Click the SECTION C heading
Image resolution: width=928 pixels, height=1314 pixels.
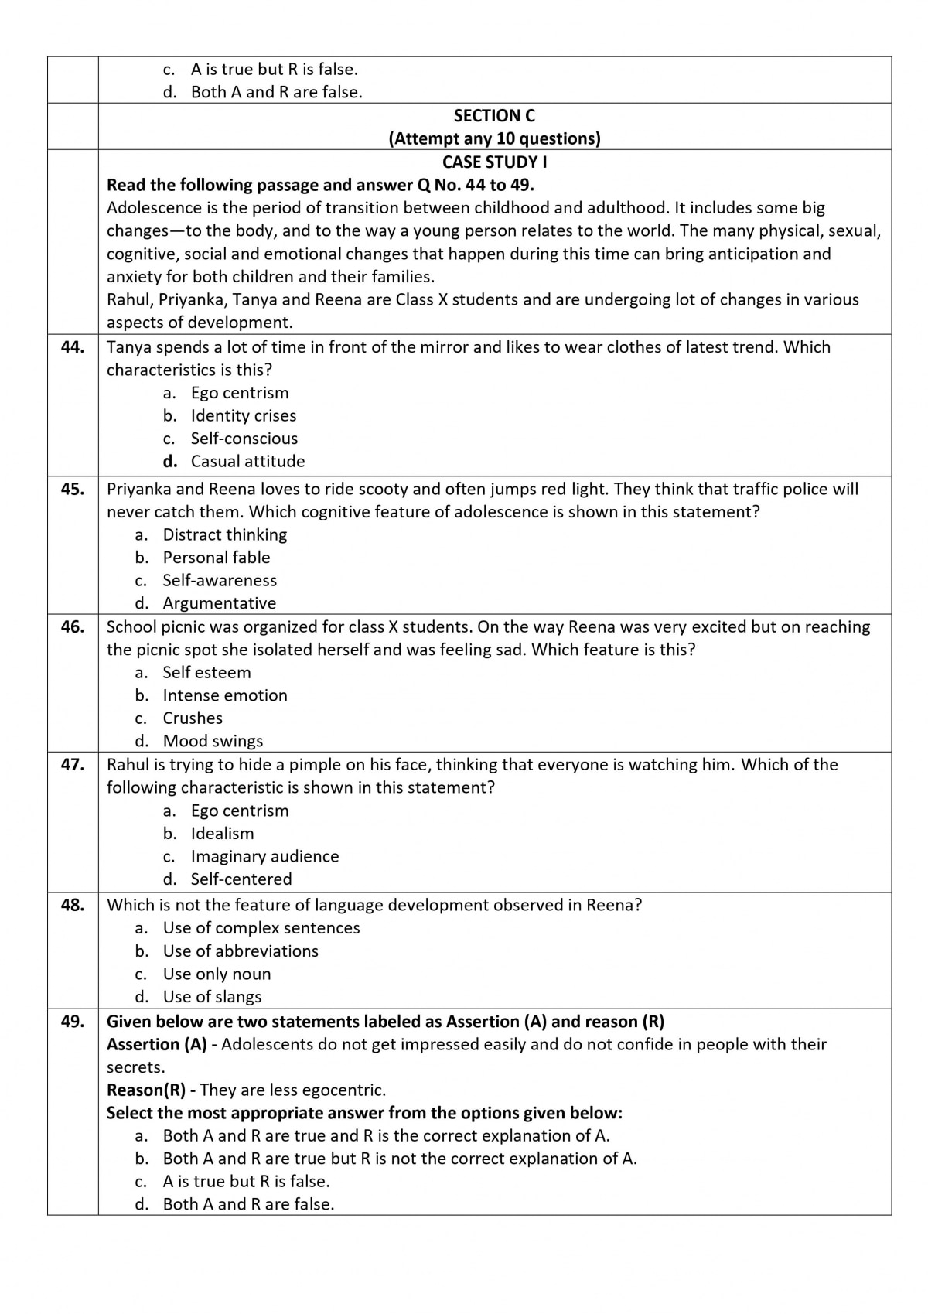494,116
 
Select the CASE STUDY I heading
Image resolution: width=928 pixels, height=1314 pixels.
494,162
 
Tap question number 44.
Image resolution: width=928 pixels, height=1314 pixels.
73,347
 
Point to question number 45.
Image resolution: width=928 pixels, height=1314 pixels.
73,489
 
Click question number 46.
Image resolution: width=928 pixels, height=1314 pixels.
73,627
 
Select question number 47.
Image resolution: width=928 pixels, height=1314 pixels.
73,765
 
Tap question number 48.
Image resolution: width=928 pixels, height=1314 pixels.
73,905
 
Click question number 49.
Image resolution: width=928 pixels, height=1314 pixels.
73,1022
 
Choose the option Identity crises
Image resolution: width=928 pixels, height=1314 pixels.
243,416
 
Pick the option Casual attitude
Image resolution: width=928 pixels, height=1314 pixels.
247,462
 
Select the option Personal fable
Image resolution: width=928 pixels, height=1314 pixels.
216,558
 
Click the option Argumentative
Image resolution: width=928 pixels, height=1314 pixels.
219,603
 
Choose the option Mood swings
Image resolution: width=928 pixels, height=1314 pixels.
213,741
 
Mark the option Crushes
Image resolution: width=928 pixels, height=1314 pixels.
193,718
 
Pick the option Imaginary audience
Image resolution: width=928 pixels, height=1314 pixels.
264,856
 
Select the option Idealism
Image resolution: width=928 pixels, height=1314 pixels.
222,834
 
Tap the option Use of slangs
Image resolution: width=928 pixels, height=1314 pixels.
212,997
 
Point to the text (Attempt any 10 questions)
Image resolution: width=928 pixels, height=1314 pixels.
494,138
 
